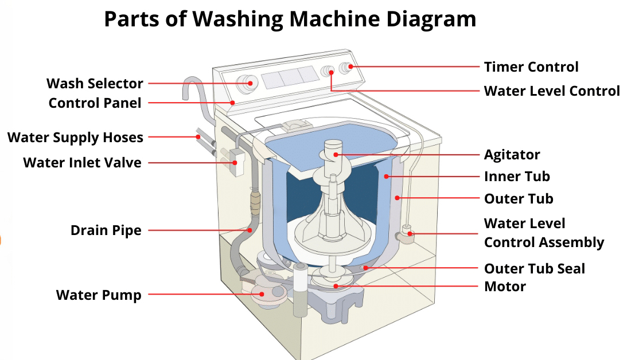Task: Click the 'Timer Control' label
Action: click(531, 66)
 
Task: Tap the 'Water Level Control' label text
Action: click(552, 91)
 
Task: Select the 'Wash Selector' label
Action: click(95, 83)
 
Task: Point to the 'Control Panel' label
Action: click(95, 103)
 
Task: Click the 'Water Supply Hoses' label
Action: click(75, 137)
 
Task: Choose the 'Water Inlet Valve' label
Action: click(82, 162)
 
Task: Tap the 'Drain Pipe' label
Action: click(106, 230)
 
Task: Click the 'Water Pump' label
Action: click(99, 295)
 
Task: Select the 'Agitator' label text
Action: click(512, 154)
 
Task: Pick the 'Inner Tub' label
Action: click(517, 176)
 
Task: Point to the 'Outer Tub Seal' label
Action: click(535, 268)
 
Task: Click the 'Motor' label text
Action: click(505, 285)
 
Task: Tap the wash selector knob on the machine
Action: click(248, 83)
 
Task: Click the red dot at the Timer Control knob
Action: click(350, 67)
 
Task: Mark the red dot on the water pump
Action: click(262, 295)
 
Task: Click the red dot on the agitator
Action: click(337, 154)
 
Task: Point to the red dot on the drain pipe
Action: click(250, 230)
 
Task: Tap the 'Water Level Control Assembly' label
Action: click(544, 232)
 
